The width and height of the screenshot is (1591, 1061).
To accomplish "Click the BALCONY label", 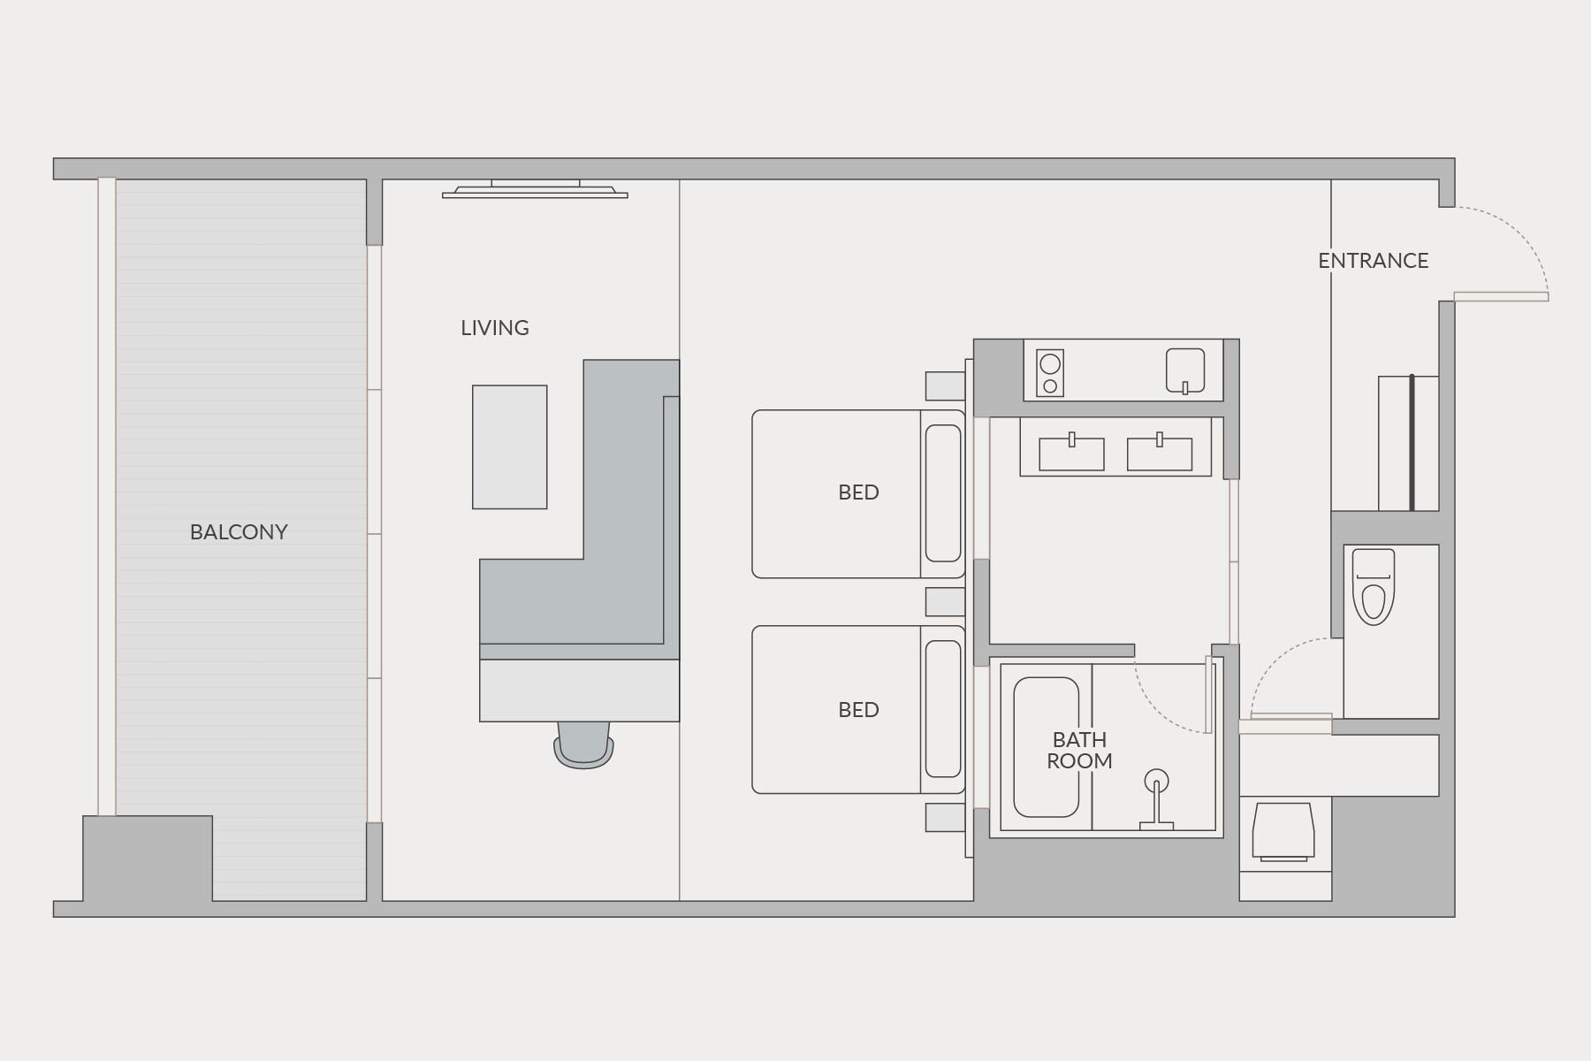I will click(239, 532).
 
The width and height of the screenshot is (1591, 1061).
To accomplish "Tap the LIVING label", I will click(495, 328).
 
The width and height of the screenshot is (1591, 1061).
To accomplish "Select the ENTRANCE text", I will click(1373, 261).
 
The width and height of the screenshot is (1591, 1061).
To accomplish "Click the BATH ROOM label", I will click(1079, 750).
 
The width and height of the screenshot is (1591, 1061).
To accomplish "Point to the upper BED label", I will click(858, 492).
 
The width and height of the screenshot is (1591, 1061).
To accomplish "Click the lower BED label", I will click(858, 710).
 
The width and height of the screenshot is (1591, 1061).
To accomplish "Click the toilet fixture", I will click(1373, 587).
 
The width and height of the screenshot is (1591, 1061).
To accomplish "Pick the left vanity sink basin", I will click(1071, 454).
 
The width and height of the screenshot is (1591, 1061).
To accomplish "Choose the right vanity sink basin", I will click(1159, 454).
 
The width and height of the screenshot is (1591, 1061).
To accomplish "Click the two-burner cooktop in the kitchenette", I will click(1050, 373).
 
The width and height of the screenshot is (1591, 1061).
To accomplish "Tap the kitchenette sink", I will click(1184, 370).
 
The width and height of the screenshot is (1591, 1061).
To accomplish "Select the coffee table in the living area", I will click(509, 447).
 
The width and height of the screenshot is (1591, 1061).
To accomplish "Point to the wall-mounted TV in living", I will click(535, 190).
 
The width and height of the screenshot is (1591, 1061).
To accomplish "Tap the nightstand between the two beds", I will click(945, 601).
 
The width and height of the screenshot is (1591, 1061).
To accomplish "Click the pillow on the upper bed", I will click(942, 493).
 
